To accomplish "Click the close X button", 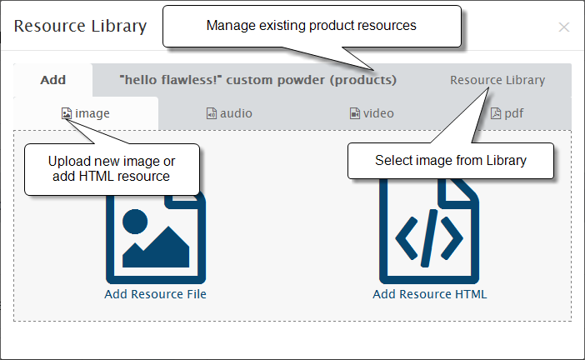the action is pos(563,27).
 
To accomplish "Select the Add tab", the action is pos(53,80).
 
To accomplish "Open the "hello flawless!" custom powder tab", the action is pos(257,80).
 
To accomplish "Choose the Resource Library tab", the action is pos(497,80).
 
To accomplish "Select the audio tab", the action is pos(229,113).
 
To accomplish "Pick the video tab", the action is pos(372,113).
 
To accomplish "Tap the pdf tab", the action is pos(507,113).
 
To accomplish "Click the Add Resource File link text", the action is pos(155,294).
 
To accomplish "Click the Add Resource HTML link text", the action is pos(429,294).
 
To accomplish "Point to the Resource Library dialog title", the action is pos(80,26).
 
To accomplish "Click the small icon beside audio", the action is pos(211,113).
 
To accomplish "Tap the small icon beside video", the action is pos(354,113).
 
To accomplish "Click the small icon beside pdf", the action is pos(496,113).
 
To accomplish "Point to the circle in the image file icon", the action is pos(135,222).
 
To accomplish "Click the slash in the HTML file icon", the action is pos(429,238).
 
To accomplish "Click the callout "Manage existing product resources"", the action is pos(312,26).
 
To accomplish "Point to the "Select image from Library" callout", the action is pos(451,161).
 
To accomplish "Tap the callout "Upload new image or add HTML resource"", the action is pos(112,169).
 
